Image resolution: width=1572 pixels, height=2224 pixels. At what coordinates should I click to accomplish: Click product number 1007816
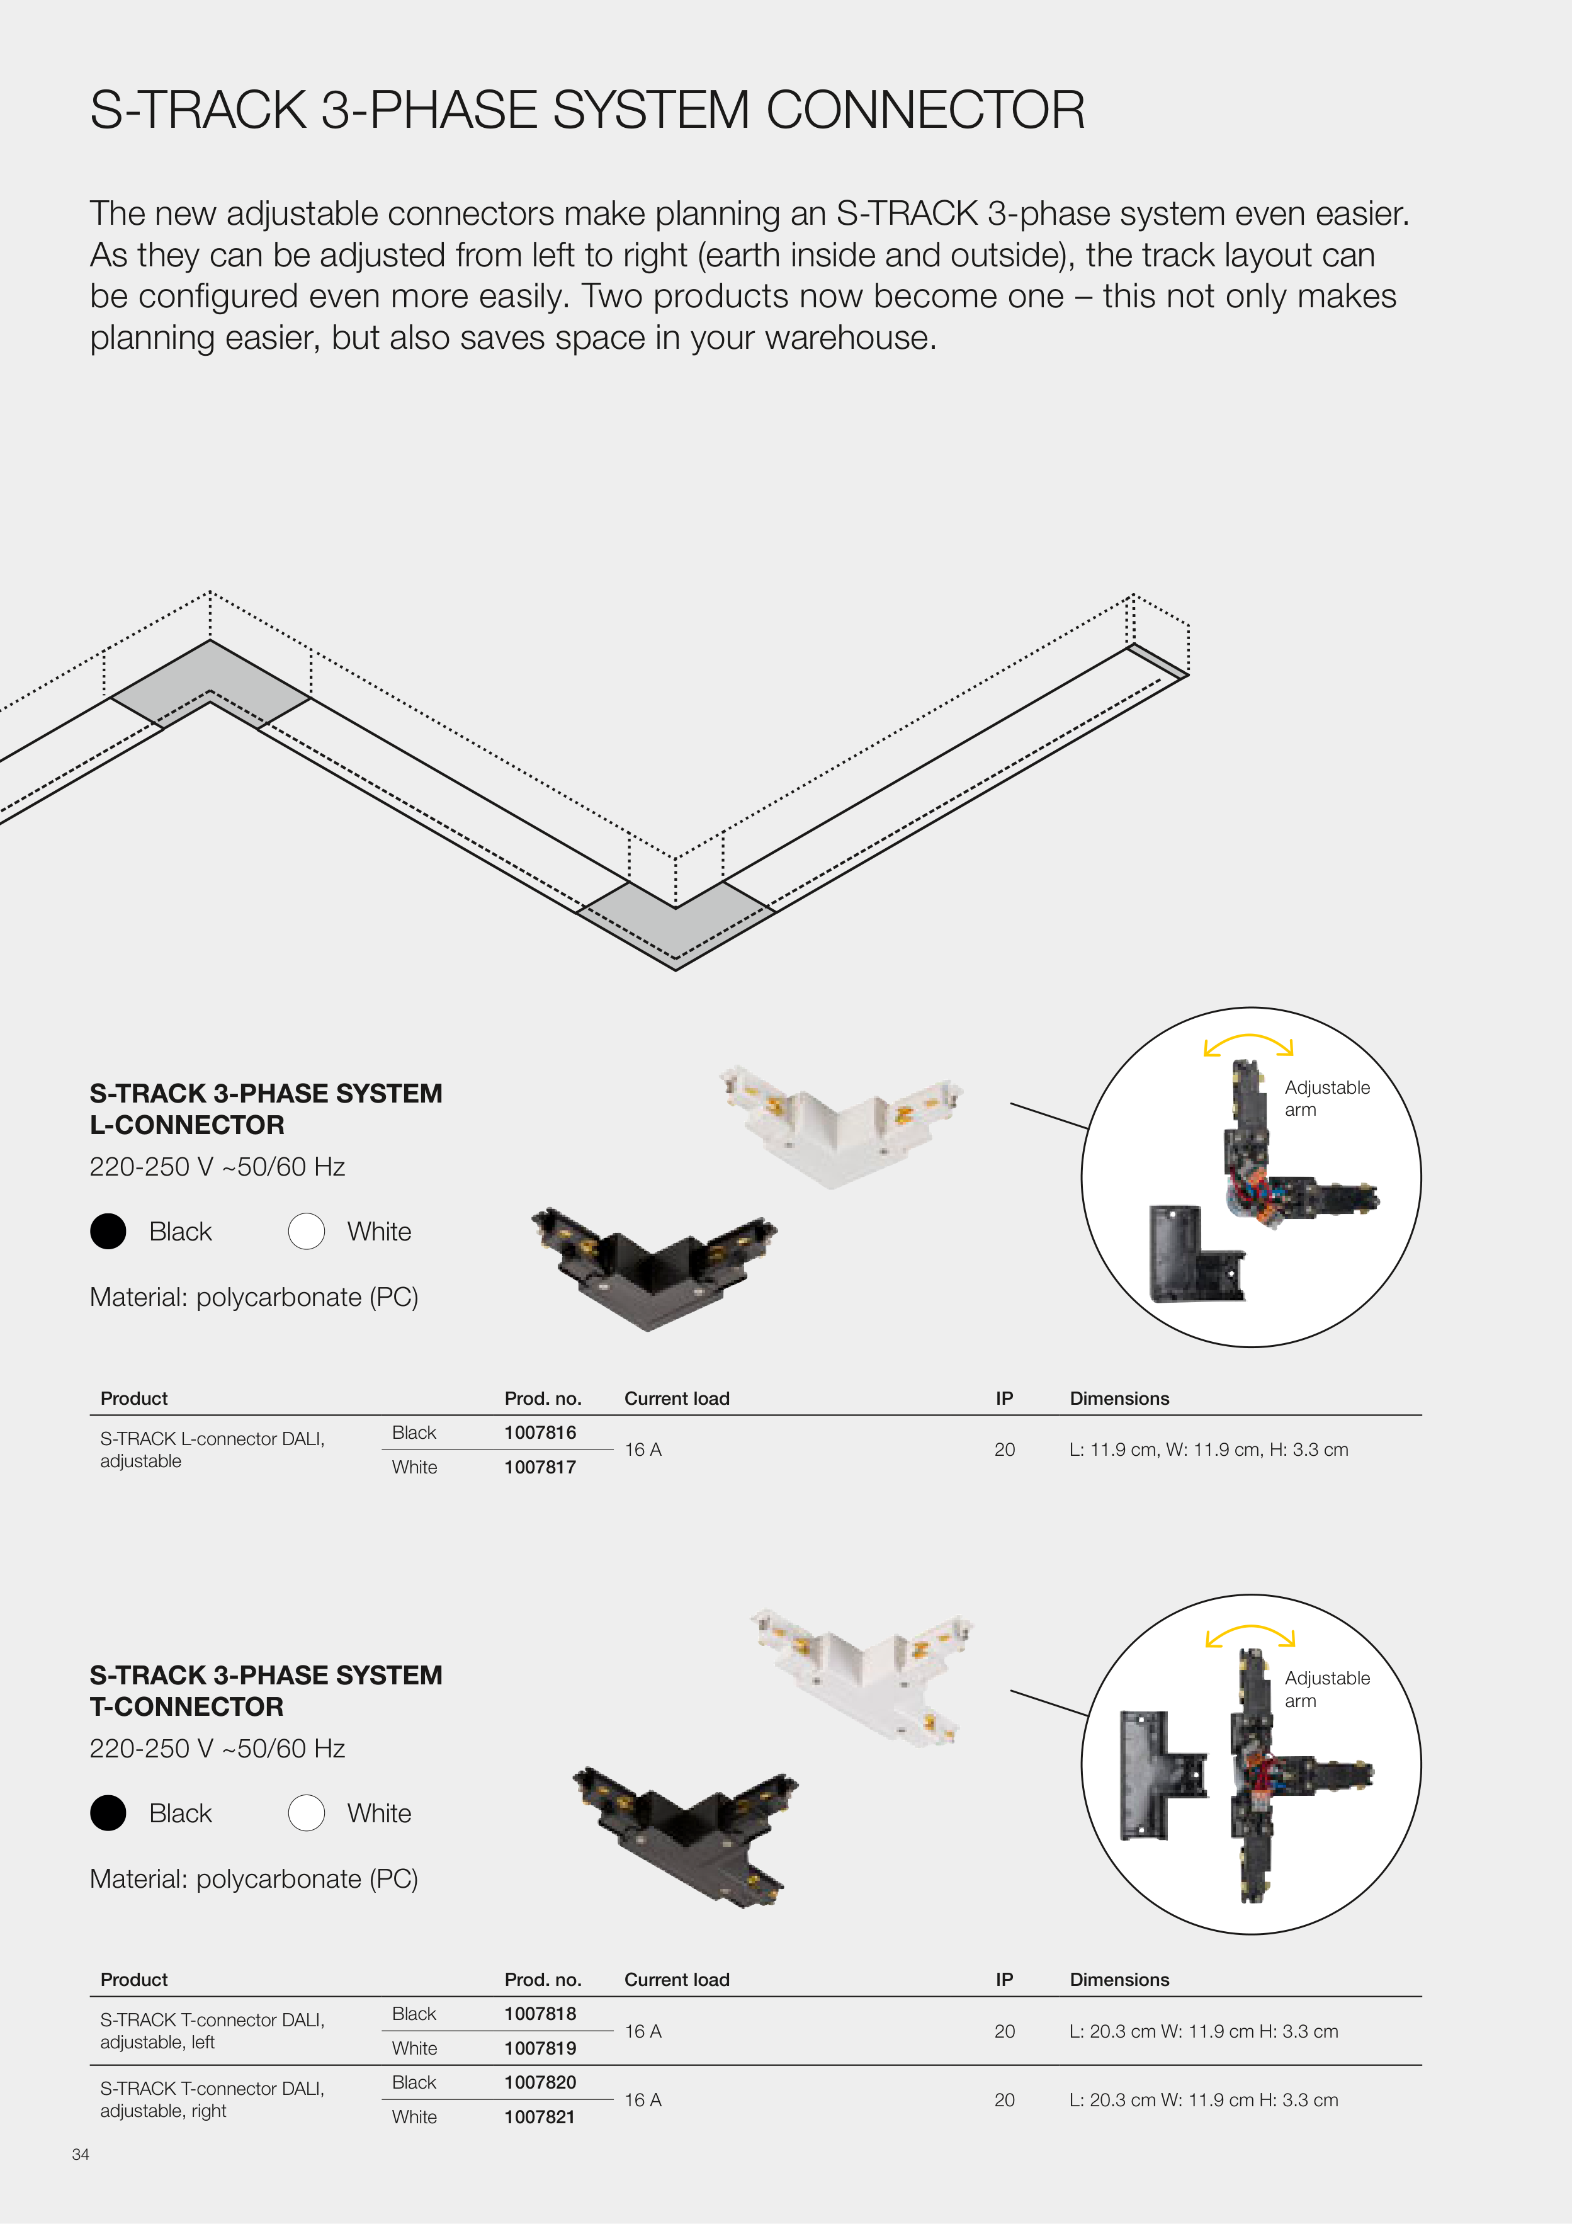pos(540,1433)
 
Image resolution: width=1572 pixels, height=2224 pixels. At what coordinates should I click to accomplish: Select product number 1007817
pos(540,1468)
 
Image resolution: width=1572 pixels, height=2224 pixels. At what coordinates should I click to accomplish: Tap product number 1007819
pos(540,2049)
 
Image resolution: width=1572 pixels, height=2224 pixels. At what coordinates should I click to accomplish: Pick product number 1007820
pos(540,2082)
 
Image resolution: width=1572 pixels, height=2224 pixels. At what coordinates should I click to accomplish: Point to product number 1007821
pos(540,2118)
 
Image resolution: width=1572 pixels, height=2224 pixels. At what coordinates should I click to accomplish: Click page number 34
pos(81,2154)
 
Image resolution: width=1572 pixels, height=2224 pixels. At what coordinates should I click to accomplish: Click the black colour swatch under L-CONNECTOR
pos(108,1231)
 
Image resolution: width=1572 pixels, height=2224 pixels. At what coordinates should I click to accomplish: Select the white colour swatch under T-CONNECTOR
pos(306,1813)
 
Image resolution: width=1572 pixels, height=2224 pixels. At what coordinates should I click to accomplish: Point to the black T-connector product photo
pos(686,1837)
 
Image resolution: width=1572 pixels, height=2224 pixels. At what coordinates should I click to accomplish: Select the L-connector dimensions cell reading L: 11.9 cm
pos(1209,1450)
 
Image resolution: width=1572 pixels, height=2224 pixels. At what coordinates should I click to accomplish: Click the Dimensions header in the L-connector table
pos(1120,1399)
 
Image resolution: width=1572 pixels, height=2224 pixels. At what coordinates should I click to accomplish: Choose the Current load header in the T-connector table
pos(677,1980)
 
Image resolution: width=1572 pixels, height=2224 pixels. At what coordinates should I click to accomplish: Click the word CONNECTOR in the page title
pos(926,110)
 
